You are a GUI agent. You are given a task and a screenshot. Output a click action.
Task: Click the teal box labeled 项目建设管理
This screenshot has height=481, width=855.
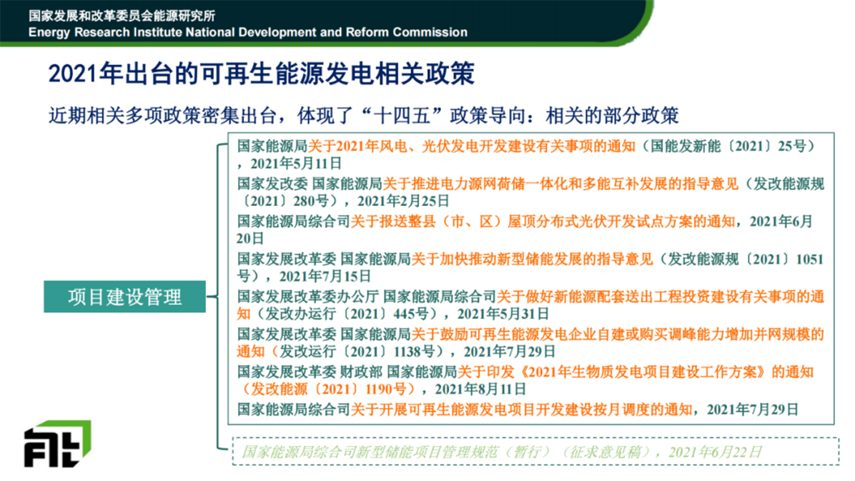[x=124, y=297]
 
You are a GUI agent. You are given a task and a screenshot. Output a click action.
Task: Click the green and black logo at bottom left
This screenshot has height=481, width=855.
[x=57, y=443]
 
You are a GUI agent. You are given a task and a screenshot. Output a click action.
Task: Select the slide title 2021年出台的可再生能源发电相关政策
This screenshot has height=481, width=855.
[x=261, y=74]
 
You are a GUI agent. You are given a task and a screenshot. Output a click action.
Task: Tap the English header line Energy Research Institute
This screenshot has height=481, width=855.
[x=248, y=32]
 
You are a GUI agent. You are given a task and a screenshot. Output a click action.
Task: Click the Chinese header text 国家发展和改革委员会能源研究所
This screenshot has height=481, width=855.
[x=122, y=15]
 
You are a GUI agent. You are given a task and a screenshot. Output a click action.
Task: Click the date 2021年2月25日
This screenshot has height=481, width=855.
[x=403, y=201]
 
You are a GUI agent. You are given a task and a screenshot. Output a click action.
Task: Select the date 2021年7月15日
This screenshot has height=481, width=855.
[x=325, y=276]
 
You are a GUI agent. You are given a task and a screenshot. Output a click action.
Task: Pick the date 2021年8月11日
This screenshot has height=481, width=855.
[x=480, y=389]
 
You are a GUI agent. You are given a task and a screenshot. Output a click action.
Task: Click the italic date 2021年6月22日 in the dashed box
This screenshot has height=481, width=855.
[x=715, y=452]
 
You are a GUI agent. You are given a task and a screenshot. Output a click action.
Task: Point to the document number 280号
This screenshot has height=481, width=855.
[x=312, y=201]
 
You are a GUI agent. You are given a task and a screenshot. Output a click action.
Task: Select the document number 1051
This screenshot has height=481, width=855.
[x=809, y=259]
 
